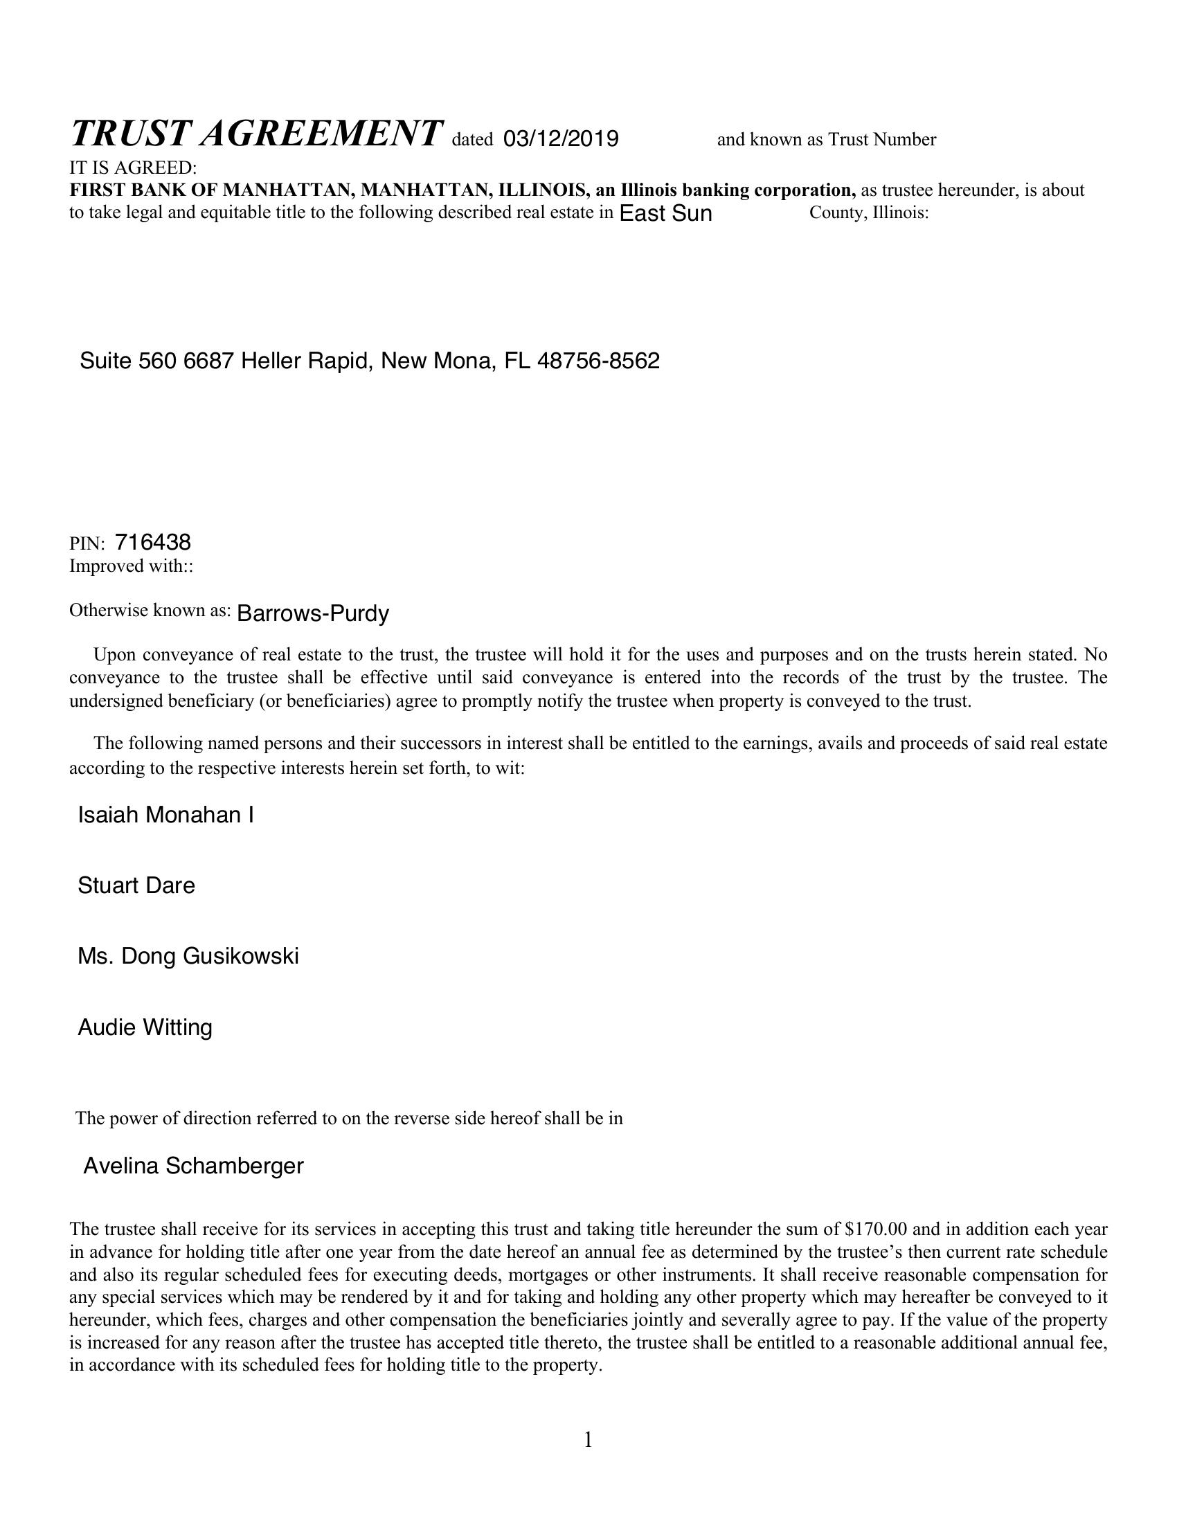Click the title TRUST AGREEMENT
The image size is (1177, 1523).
pos(256,132)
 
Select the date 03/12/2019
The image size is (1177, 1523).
pos(561,139)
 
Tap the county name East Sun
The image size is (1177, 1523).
pos(665,213)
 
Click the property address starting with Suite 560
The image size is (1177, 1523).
pos(370,361)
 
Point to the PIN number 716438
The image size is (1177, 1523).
pos(153,543)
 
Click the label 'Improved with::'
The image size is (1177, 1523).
pos(131,566)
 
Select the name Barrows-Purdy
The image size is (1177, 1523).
pos(312,614)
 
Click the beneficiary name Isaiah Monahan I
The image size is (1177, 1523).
pos(165,815)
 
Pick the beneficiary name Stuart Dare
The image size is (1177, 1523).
pos(136,885)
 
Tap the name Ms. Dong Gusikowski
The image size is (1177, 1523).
pos(188,956)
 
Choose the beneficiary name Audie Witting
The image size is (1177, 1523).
pos(145,1027)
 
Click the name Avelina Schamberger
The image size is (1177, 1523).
pos(193,1165)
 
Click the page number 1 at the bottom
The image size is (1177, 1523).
pos(588,1439)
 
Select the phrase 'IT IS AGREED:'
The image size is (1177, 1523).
pos(133,168)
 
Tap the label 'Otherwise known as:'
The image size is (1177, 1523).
pos(150,611)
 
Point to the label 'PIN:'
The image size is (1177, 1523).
pos(87,544)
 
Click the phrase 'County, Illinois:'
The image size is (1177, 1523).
pos(869,213)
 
